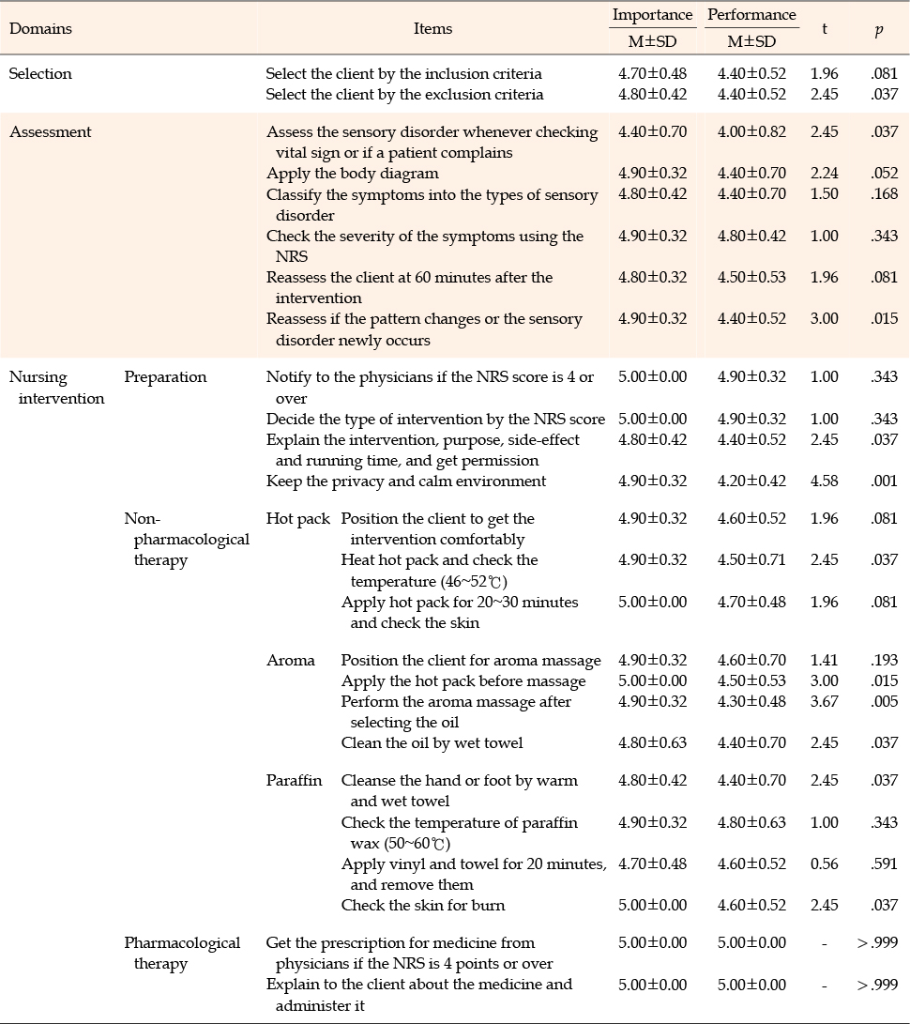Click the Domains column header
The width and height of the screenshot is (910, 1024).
[x=40, y=28]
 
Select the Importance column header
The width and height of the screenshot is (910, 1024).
[x=652, y=15]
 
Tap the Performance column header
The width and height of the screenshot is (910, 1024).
[x=751, y=15]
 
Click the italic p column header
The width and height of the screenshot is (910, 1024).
[x=877, y=29]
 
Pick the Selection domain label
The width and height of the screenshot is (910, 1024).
[x=40, y=73]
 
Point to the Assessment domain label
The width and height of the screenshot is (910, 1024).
[x=51, y=132]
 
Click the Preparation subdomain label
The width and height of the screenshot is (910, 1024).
[x=165, y=377]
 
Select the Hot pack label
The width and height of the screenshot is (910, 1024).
[x=298, y=518]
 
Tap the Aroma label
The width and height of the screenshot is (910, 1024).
[x=291, y=660]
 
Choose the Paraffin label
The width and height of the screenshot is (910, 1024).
[x=295, y=781]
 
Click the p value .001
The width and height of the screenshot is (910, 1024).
[x=884, y=481]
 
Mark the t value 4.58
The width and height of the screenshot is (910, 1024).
[x=824, y=481]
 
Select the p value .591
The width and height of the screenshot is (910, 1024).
[x=884, y=864]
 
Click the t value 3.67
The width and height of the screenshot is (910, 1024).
[x=824, y=701]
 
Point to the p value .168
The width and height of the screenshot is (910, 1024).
[x=884, y=194]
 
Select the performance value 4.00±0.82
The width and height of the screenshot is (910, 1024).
[x=751, y=132]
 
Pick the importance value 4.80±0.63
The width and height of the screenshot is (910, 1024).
[x=652, y=742]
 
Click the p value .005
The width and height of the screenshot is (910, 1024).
[x=884, y=701]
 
